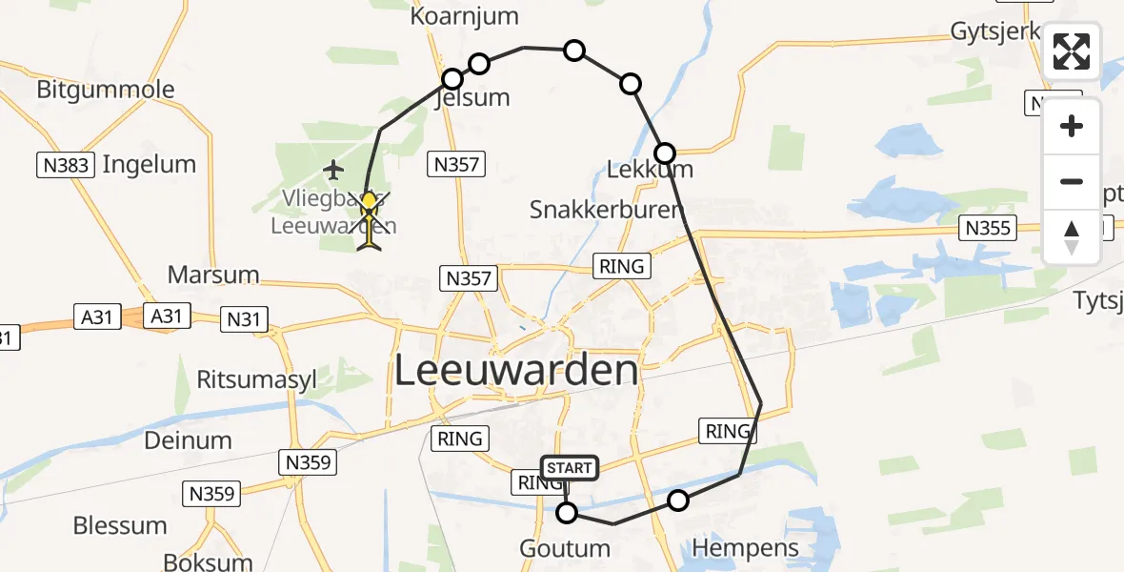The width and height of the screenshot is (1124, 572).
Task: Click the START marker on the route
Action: tap(570, 468)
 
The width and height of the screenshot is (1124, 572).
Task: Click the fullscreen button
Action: tap(1072, 51)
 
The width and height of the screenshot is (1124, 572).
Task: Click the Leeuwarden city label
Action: tap(515, 370)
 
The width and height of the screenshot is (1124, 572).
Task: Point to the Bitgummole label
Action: tap(106, 91)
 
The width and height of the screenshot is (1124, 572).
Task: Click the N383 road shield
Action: tap(67, 166)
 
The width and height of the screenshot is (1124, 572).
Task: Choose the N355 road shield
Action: tap(987, 228)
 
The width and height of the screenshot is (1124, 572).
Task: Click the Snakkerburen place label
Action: tap(607, 211)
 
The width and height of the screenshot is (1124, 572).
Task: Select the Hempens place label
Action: tap(733, 548)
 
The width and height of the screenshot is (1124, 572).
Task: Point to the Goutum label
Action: tap(565, 549)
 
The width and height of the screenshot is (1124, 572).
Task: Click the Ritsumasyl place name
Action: tap(256, 379)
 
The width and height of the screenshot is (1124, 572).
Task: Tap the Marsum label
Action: tap(213, 276)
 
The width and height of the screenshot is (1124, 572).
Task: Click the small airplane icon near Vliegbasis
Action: tap(332, 171)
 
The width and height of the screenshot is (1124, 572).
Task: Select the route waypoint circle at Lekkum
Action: tap(665, 153)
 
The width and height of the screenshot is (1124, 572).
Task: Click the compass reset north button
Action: tap(1072, 236)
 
